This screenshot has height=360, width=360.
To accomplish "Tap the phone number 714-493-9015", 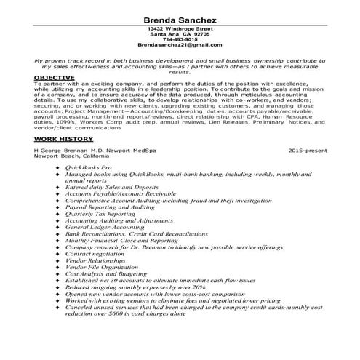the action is [180, 39].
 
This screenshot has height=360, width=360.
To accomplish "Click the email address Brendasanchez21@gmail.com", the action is [180, 45].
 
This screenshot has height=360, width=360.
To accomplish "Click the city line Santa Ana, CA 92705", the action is [180, 33].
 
